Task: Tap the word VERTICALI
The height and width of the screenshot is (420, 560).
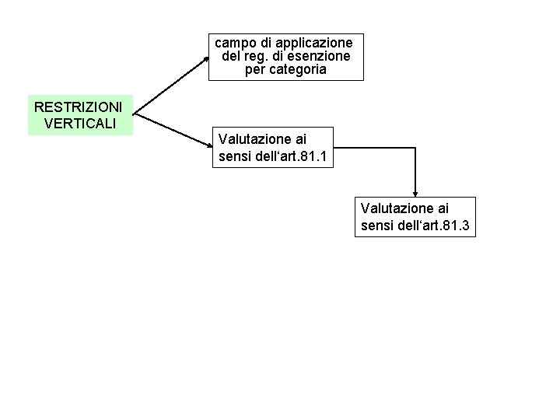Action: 80,122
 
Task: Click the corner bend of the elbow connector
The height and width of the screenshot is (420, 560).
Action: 415,146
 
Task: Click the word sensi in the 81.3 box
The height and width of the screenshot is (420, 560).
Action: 378,226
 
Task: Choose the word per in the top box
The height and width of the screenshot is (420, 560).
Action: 254,69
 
